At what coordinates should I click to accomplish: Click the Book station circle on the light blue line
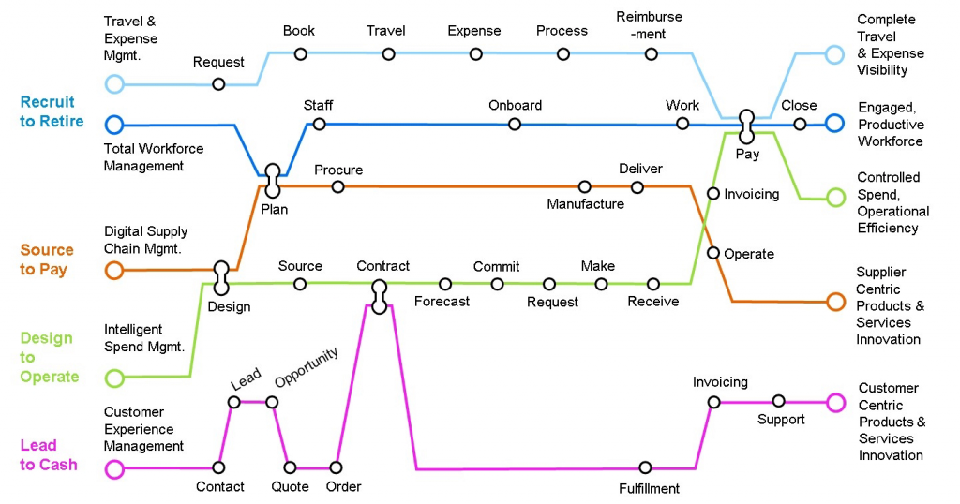pyautogui.click(x=300, y=53)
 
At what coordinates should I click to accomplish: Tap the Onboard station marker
pyautogui.click(x=514, y=125)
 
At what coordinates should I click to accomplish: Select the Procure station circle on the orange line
pyautogui.click(x=337, y=186)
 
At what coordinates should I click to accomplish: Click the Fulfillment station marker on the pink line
pyautogui.click(x=645, y=467)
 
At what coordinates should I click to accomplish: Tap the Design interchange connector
pyautogui.click(x=221, y=276)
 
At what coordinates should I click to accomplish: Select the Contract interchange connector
pyautogui.click(x=379, y=296)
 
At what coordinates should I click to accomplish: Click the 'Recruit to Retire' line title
pyautogui.click(x=52, y=111)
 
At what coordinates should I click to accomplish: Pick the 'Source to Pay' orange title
pyautogui.click(x=47, y=259)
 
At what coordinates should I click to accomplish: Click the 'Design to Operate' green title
pyautogui.click(x=50, y=357)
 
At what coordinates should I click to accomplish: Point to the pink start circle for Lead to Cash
pyautogui.click(x=114, y=468)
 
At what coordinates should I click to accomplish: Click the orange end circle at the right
pyautogui.click(x=835, y=302)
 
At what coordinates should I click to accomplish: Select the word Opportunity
pyautogui.click(x=307, y=368)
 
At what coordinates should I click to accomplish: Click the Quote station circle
pyautogui.click(x=290, y=467)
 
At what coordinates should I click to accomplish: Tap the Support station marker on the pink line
pyautogui.click(x=778, y=401)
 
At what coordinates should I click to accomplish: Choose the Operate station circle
pyautogui.click(x=713, y=253)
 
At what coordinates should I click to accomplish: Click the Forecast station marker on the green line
pyautogui.click(x=445, y=284)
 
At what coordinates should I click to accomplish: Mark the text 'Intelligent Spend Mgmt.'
pyautogui.click(x=144, y=337)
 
